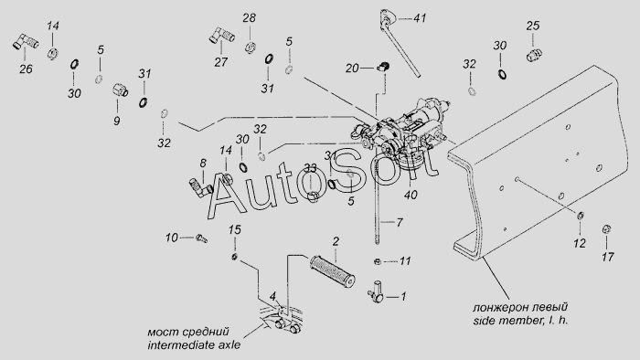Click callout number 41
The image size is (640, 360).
[x=420, y=18]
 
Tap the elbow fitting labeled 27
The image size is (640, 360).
[x=221, y=36]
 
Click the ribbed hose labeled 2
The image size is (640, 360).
[x=333, y=270]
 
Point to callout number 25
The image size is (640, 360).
[x=533, y=26]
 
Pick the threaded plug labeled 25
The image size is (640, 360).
[x=534, y=55]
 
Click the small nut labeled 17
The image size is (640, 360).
[x=606, y=229]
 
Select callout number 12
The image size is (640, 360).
[x=580, y=243]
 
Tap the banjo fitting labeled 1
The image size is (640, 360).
[x=377, y=292]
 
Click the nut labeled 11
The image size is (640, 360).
[x=378, y=261]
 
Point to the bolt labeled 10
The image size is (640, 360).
[x=202, y=238]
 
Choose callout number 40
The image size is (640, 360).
[x=411, y=195]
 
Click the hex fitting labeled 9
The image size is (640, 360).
[x=120, y=90]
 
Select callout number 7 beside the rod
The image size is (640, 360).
[x=400, y=222]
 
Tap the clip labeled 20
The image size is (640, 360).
[x=382, y=67]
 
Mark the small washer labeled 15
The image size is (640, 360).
[x=234, y=257]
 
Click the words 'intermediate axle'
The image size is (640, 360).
[x=194, y=344]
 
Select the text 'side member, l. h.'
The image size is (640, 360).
[x=520, y=321]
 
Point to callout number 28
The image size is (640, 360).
[x=249, y=18]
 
